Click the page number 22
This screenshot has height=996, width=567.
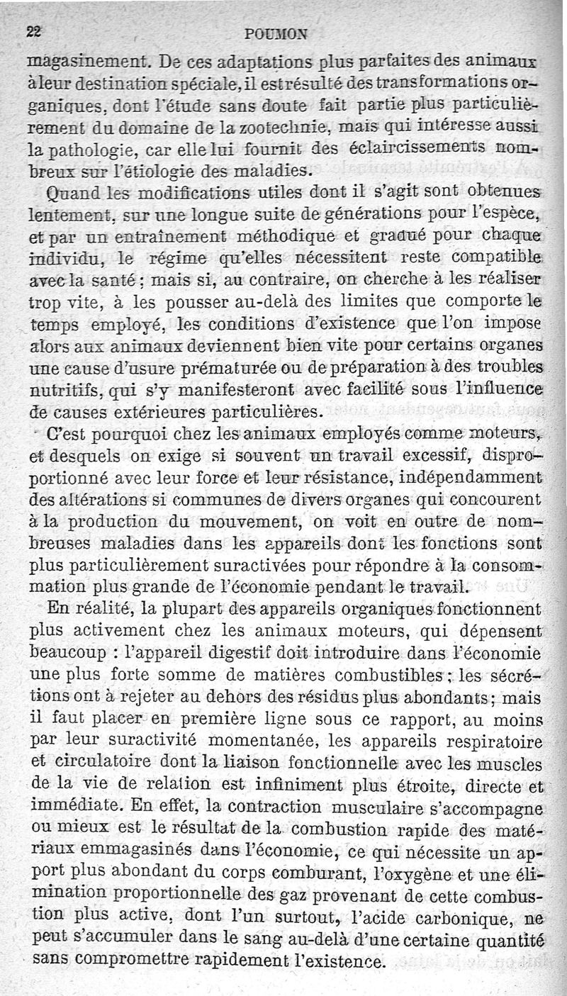click(35, 30)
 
